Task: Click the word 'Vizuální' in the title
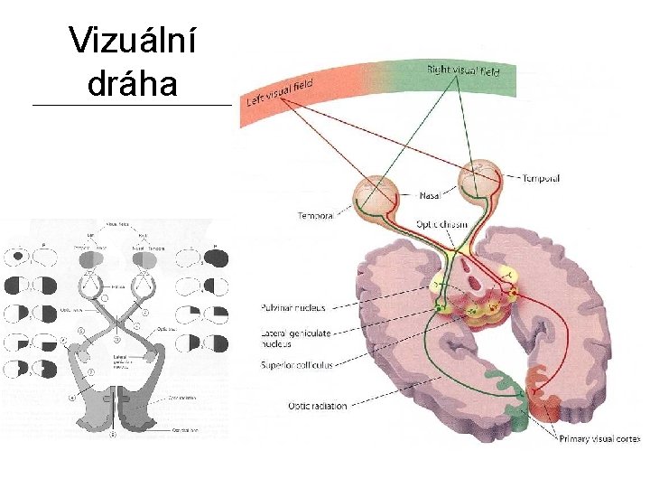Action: coord(134,42)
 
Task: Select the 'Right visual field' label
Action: coord(462,69)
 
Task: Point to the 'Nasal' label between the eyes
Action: coord(431,193)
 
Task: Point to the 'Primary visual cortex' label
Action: coord(597,438)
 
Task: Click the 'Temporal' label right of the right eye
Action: coord(541,179)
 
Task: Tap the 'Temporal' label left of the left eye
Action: coord(315,216)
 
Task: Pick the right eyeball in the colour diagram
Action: coord(479,180)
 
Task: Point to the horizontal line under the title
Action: coord(132,107)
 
